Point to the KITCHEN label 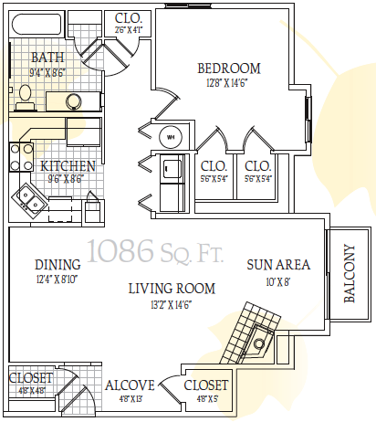[68, 166]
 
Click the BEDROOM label [229, 68]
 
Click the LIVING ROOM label [172, 289]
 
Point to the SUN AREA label [278, 266]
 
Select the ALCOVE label [128, 385]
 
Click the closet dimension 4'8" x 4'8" [30, 390]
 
